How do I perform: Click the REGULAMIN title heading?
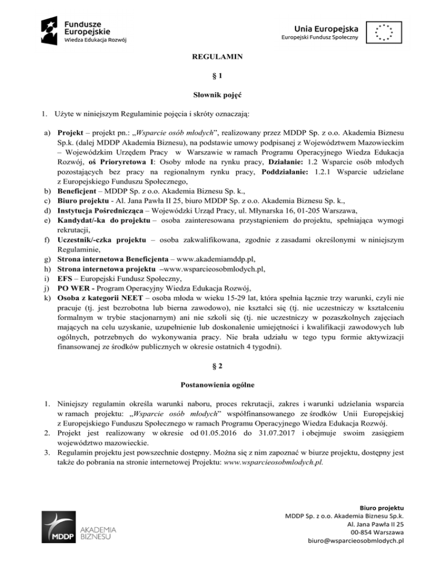point(217,57)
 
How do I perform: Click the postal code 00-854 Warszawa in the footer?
point(378,532)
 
